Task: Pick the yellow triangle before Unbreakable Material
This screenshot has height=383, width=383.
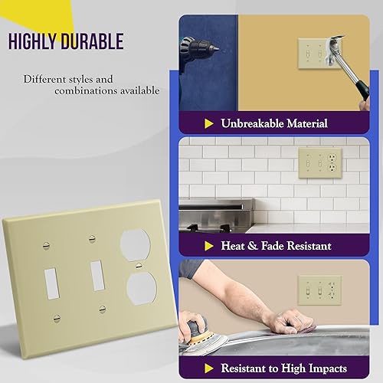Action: coord(209,123)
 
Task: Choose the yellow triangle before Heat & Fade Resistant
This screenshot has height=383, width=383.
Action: coord(208,246)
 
